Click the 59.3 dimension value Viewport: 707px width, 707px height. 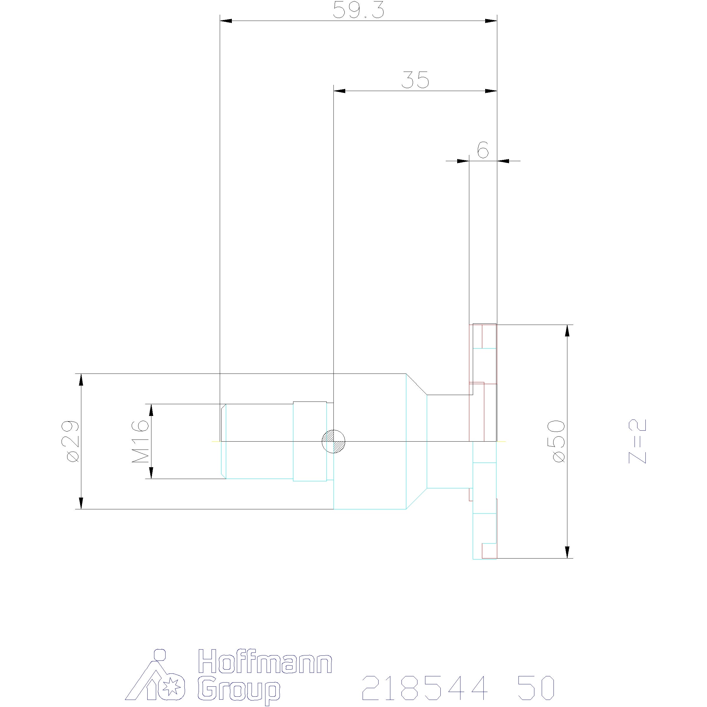[359, 10]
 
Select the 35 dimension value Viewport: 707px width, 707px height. [415, 80]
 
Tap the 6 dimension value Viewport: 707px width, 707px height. [483, 149]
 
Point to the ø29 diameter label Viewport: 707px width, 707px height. [70, 441]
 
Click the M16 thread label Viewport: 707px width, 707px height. [140, 442]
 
